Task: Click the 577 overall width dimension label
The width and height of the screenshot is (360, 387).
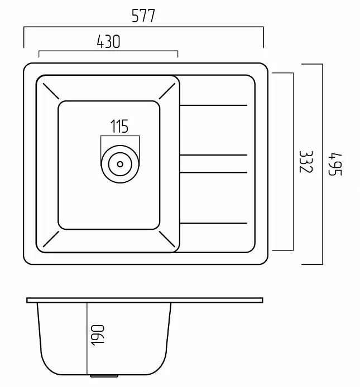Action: click(x=143, y=16)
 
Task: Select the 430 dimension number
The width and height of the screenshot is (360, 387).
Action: click(x=108, y=41)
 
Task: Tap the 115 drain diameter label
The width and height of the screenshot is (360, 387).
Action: click(x=119, y=126)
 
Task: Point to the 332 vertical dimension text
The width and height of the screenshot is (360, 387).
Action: click(x=306, y=162)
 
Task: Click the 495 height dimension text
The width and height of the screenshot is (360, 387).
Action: click(x=335, y=165)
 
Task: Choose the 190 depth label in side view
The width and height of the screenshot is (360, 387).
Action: click(x=98, y=335)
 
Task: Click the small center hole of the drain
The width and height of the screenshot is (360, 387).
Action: click(x=120, y=164)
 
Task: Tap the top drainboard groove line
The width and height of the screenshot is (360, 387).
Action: click(x=213, y=105)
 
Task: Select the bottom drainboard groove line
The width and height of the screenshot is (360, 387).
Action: click(x=213, y=224)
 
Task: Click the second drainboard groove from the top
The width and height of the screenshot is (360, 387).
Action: click(x=213, y=155)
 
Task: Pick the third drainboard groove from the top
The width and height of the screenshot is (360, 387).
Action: click(x=213, y=172)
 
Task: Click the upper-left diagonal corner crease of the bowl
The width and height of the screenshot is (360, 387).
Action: click(x=51, y=91)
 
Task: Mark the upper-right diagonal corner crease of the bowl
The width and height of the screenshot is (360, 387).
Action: click(x=167, y=91)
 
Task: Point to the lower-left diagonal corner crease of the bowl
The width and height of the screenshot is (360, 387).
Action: click(x=51, y=239)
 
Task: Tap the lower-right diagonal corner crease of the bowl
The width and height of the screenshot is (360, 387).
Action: click(x=167, y=239)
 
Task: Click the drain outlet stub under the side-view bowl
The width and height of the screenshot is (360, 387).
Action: click(x=104, y=376)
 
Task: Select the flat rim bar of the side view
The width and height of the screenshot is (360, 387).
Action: click(x=145, y=300)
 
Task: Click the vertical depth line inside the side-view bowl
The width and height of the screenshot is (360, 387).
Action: click(x=87, y=338)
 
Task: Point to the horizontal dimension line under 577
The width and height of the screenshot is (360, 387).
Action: click(x=143, y=27)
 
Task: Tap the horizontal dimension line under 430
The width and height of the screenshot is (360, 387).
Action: click(x=108, y=51)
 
